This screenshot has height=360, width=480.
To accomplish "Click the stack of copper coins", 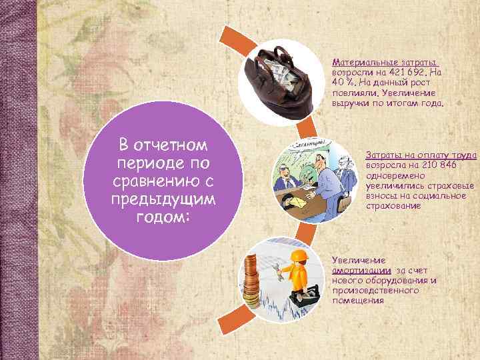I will (x=251, y=283).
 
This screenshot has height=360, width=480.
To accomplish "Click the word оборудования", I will (x=397, y=281).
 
